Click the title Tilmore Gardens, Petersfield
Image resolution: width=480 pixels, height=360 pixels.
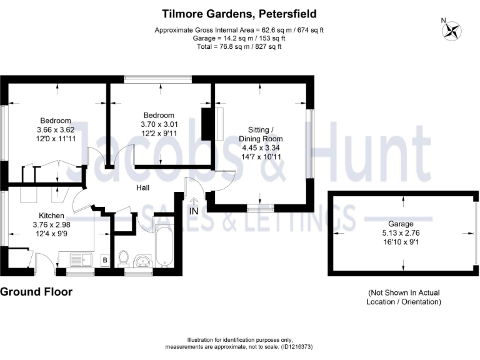(239, 13)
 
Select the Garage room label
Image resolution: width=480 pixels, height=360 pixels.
(401, 224)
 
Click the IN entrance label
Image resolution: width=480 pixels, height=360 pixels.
(194, 211)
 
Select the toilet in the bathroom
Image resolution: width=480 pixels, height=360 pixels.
(123, 257)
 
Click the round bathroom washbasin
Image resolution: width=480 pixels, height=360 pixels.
(143, 259)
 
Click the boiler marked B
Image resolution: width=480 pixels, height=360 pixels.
(104, 259)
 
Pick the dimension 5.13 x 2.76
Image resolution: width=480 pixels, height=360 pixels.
(401, 232)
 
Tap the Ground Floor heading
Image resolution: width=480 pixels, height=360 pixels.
(36, 292)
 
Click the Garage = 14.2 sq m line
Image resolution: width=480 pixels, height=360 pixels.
(239, 38)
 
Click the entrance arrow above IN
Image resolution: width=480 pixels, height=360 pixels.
(194, 201)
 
